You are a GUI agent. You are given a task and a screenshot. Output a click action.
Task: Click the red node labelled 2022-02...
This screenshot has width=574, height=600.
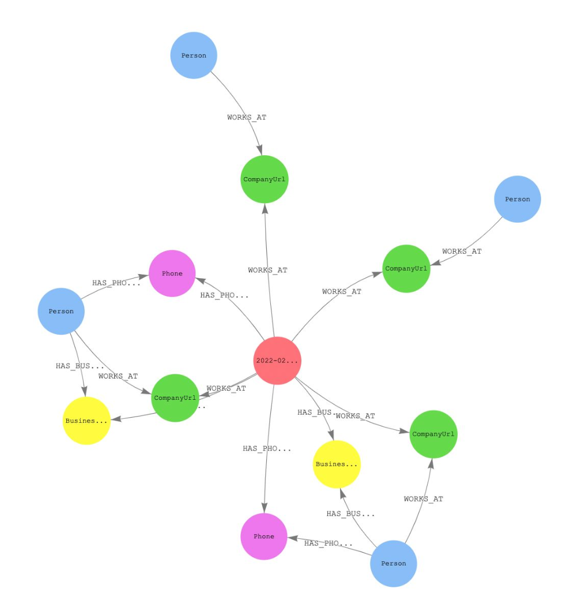coord(277,361)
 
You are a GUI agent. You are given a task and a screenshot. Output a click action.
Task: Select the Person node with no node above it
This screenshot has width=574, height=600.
coord(194,55)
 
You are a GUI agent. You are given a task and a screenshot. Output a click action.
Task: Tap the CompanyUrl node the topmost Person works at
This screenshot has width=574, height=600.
coord(265,179)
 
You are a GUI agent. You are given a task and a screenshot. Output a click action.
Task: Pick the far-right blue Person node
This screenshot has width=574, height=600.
coord(517,199)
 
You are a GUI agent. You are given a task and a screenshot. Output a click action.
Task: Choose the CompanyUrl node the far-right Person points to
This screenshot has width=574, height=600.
coord(406,268)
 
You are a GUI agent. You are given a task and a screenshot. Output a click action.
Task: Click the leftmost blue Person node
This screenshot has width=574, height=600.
coord(61,311)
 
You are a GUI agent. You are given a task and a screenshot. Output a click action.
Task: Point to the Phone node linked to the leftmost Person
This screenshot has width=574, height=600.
coord(172,273)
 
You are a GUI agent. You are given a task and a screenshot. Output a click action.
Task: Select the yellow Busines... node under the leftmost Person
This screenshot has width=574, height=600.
coord(86,421)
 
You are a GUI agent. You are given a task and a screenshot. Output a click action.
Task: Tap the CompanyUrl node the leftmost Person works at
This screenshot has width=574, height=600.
coord(175,397)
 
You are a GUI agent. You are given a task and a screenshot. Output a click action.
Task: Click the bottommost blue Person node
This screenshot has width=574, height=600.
coord(394,563)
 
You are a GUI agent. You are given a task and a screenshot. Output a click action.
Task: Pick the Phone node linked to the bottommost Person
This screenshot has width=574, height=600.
coord(264,537)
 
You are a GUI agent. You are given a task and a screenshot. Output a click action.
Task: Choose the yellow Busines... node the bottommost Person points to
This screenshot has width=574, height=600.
coord(337,464)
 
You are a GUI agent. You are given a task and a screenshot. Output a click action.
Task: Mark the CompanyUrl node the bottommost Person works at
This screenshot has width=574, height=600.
coord(433,434)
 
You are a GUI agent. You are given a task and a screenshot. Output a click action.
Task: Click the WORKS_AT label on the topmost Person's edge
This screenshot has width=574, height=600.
coord(247,117)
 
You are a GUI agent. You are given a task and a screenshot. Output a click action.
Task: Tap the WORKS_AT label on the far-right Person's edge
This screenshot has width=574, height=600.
coord(462,252)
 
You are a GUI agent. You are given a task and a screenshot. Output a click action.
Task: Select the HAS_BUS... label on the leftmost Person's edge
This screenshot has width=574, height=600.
coord(80,366)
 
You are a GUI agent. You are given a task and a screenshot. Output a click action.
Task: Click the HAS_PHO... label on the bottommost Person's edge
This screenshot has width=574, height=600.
coord(328,543)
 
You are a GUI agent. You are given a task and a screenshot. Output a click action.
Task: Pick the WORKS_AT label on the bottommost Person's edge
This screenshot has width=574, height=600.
coord(424,499)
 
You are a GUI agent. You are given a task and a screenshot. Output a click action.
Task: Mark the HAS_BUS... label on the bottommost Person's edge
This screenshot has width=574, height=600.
coord(350,513)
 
